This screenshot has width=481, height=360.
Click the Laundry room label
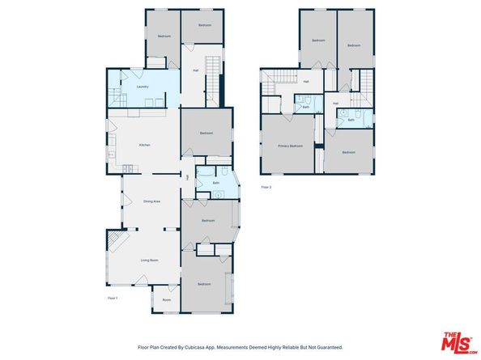click(142, 86)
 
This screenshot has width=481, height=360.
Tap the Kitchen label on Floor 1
click(144, 145)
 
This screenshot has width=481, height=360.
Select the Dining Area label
click(150, 201)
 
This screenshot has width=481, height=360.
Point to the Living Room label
click(149, 260)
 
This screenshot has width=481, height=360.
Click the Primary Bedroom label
click(290, 146)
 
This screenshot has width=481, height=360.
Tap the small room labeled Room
click(166, 300)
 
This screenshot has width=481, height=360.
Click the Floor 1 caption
click(113, 299)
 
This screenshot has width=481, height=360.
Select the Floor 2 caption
click(266, 187)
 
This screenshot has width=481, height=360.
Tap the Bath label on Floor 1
click(216, 183)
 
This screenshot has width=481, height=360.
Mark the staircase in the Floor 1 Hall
click(214, 68)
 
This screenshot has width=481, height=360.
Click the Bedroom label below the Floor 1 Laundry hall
click(206, 133)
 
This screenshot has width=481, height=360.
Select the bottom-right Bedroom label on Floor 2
click(348, 152)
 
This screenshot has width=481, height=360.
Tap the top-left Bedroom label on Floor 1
click(164, 36)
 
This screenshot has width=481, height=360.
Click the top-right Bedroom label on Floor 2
click(354, 45)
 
